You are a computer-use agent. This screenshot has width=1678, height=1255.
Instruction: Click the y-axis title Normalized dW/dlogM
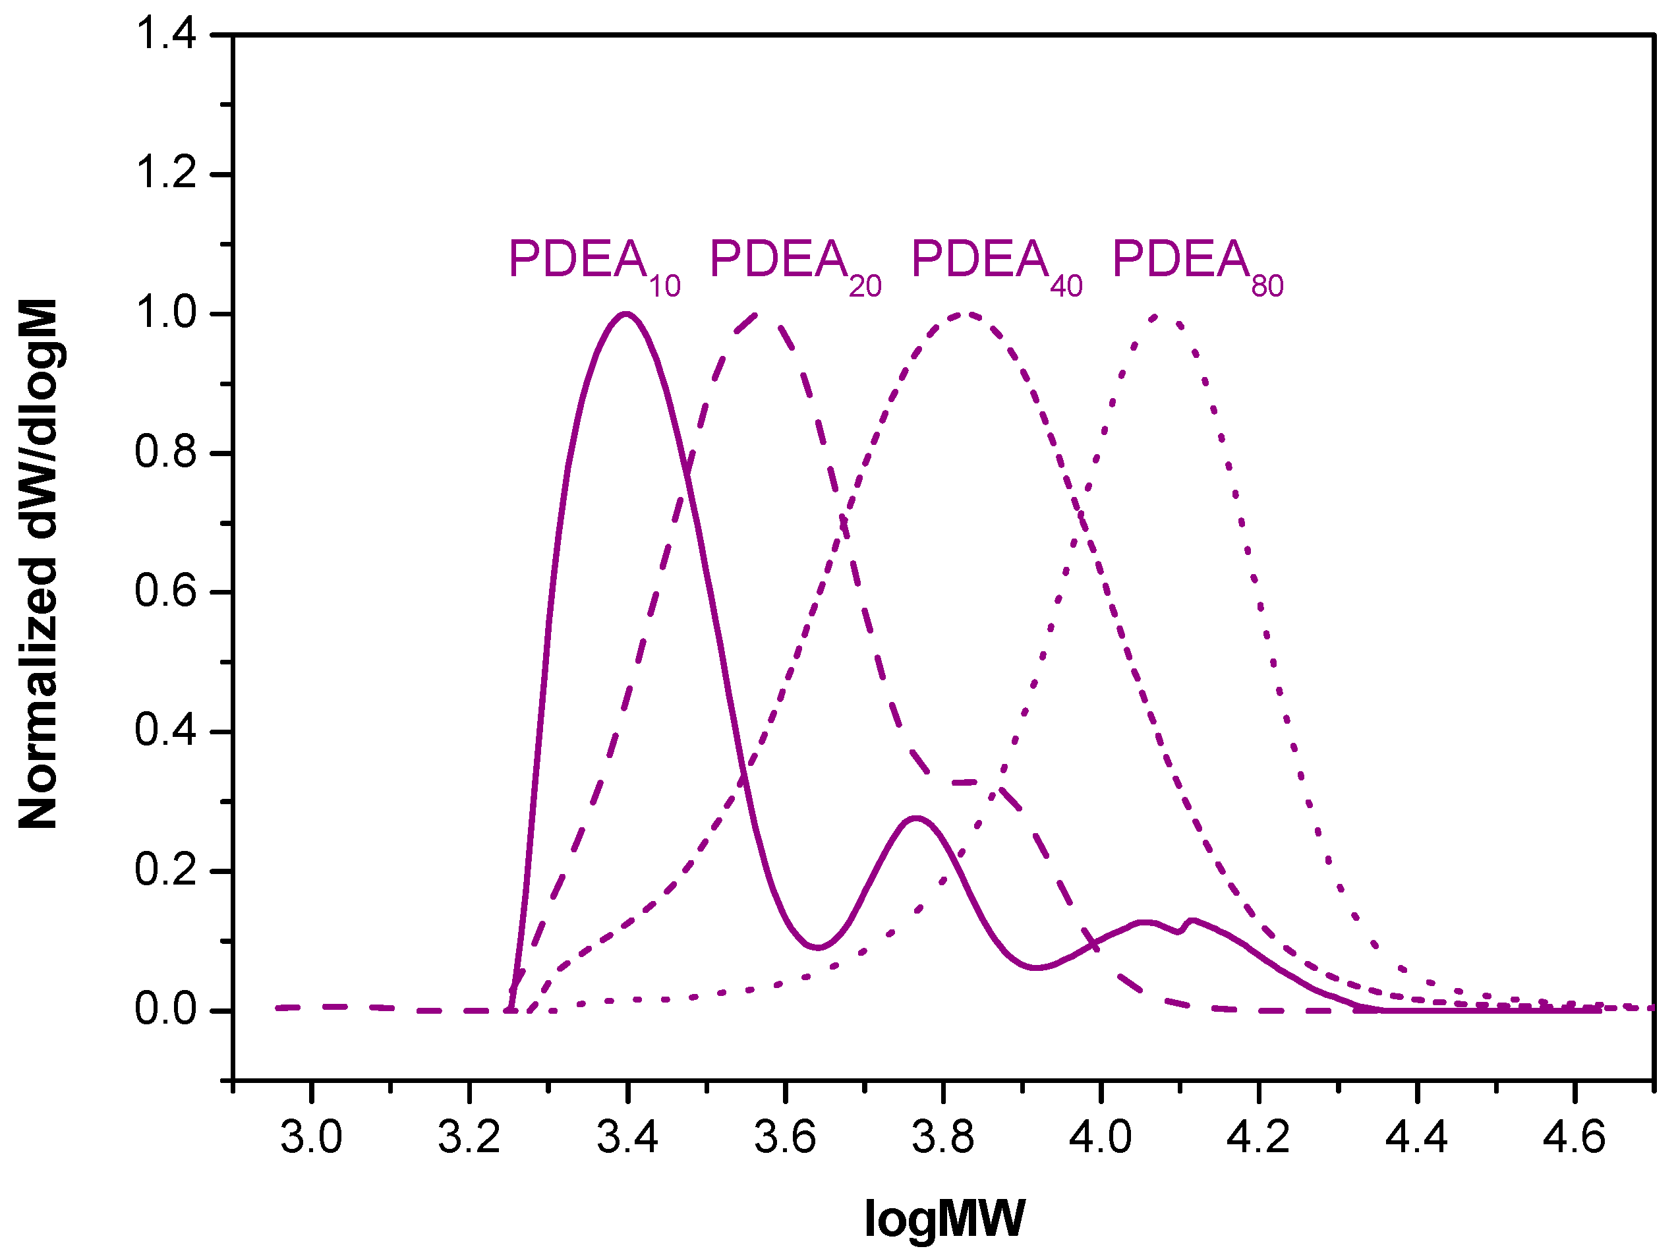[x=38, y=563]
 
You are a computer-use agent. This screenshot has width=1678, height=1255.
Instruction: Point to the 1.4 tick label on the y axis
[x=165, y=35]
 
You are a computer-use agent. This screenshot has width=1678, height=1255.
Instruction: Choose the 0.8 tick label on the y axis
[x=165, y=452]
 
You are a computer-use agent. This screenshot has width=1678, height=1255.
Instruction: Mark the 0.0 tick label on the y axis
[x=165, y=1010]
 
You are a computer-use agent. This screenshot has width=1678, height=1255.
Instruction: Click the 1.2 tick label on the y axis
[x=165, y=174]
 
